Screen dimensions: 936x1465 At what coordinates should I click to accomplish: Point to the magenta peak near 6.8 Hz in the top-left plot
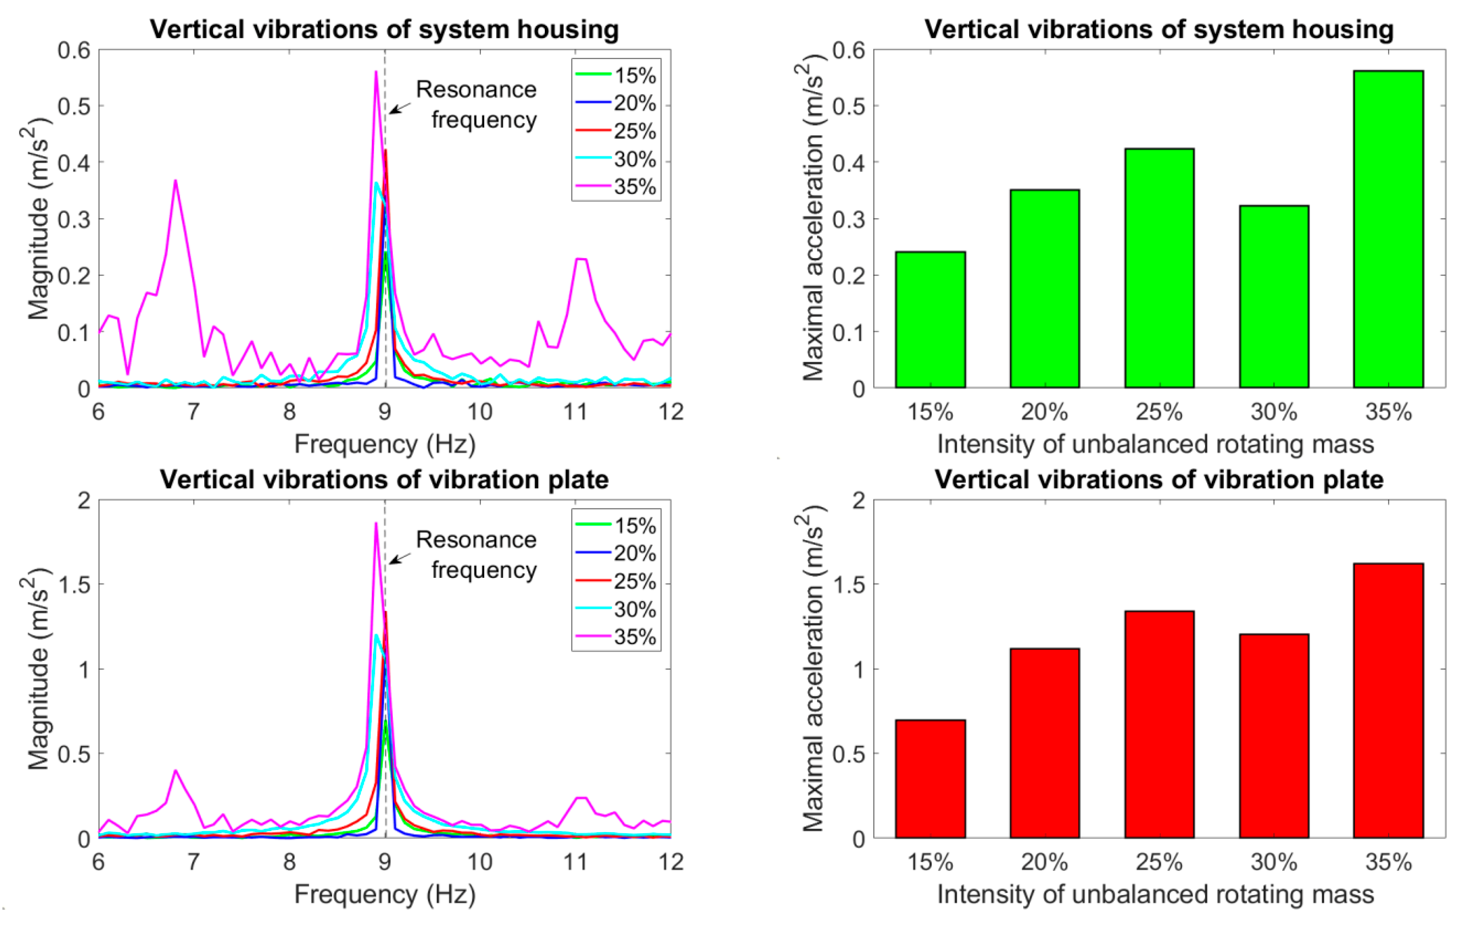click(x=175, y=181)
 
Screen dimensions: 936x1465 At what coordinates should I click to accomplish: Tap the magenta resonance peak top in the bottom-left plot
click(x=376, y=523)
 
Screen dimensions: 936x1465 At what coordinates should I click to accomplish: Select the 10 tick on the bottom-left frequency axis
click(x=479, y=862)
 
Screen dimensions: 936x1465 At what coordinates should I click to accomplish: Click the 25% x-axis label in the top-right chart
click(x=1159, y=412)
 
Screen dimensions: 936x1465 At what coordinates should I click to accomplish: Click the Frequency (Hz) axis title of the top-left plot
click(x=385, y=444)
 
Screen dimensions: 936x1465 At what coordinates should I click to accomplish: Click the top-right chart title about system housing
click(x=1159, y=29)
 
